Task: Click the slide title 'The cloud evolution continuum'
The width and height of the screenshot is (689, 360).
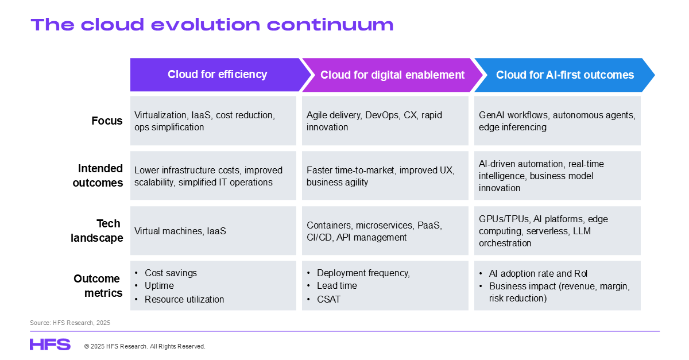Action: [212, 25]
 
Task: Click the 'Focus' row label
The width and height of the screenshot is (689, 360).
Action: [107, 121]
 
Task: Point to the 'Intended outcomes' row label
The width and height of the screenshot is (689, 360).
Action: [98, 175]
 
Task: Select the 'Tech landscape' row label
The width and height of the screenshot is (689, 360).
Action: [97, 230]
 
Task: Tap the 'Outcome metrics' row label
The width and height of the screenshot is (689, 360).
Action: [98, 285]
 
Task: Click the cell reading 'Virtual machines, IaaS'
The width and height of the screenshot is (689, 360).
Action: [213, 231]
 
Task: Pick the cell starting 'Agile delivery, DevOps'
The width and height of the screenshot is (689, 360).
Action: [385, 121]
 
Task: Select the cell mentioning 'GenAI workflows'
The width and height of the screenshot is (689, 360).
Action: [558, 121]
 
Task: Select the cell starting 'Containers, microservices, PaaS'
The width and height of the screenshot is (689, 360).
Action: [385, 231]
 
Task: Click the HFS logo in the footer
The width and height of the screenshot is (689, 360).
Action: [50, 344]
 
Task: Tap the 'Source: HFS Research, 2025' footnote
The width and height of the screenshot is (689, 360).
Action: [70, 323]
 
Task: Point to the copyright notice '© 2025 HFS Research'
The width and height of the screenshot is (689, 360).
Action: [145, 346]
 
